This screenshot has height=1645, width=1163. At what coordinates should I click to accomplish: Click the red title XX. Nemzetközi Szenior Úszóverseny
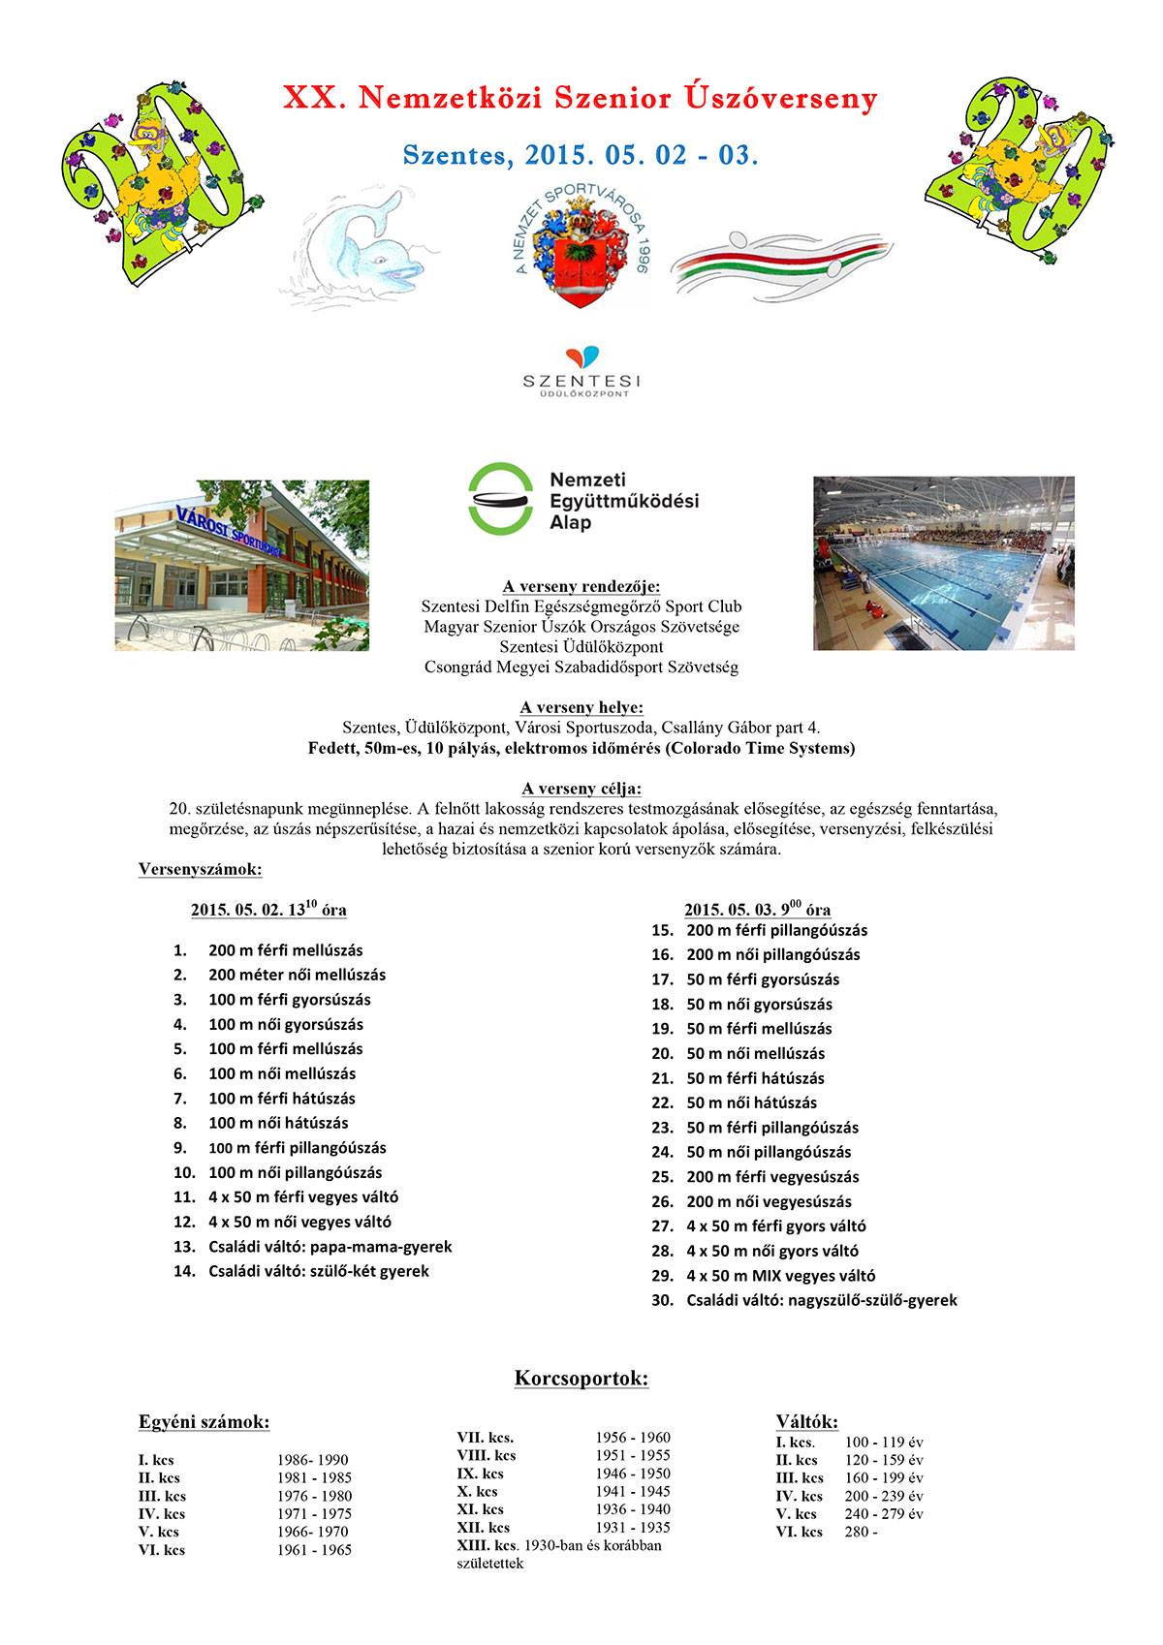click(580, 99)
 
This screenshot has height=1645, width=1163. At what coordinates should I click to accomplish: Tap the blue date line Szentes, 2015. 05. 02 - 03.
click(580, 154)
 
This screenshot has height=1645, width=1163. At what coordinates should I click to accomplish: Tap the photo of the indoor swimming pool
click(942, 563)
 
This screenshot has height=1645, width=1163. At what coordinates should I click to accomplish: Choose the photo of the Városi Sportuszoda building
click(241, 565)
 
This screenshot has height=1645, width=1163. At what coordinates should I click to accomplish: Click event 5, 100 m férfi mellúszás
click(285, 1049)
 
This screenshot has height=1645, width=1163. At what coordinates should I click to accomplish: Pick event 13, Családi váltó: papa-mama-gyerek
click(330, 1247)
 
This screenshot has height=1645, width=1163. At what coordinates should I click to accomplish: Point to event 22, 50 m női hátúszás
click(751, 1102)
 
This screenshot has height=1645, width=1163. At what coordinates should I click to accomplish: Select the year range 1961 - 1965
click(314, 1550)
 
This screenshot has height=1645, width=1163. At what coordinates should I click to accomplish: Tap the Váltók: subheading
click(807, 1421)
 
